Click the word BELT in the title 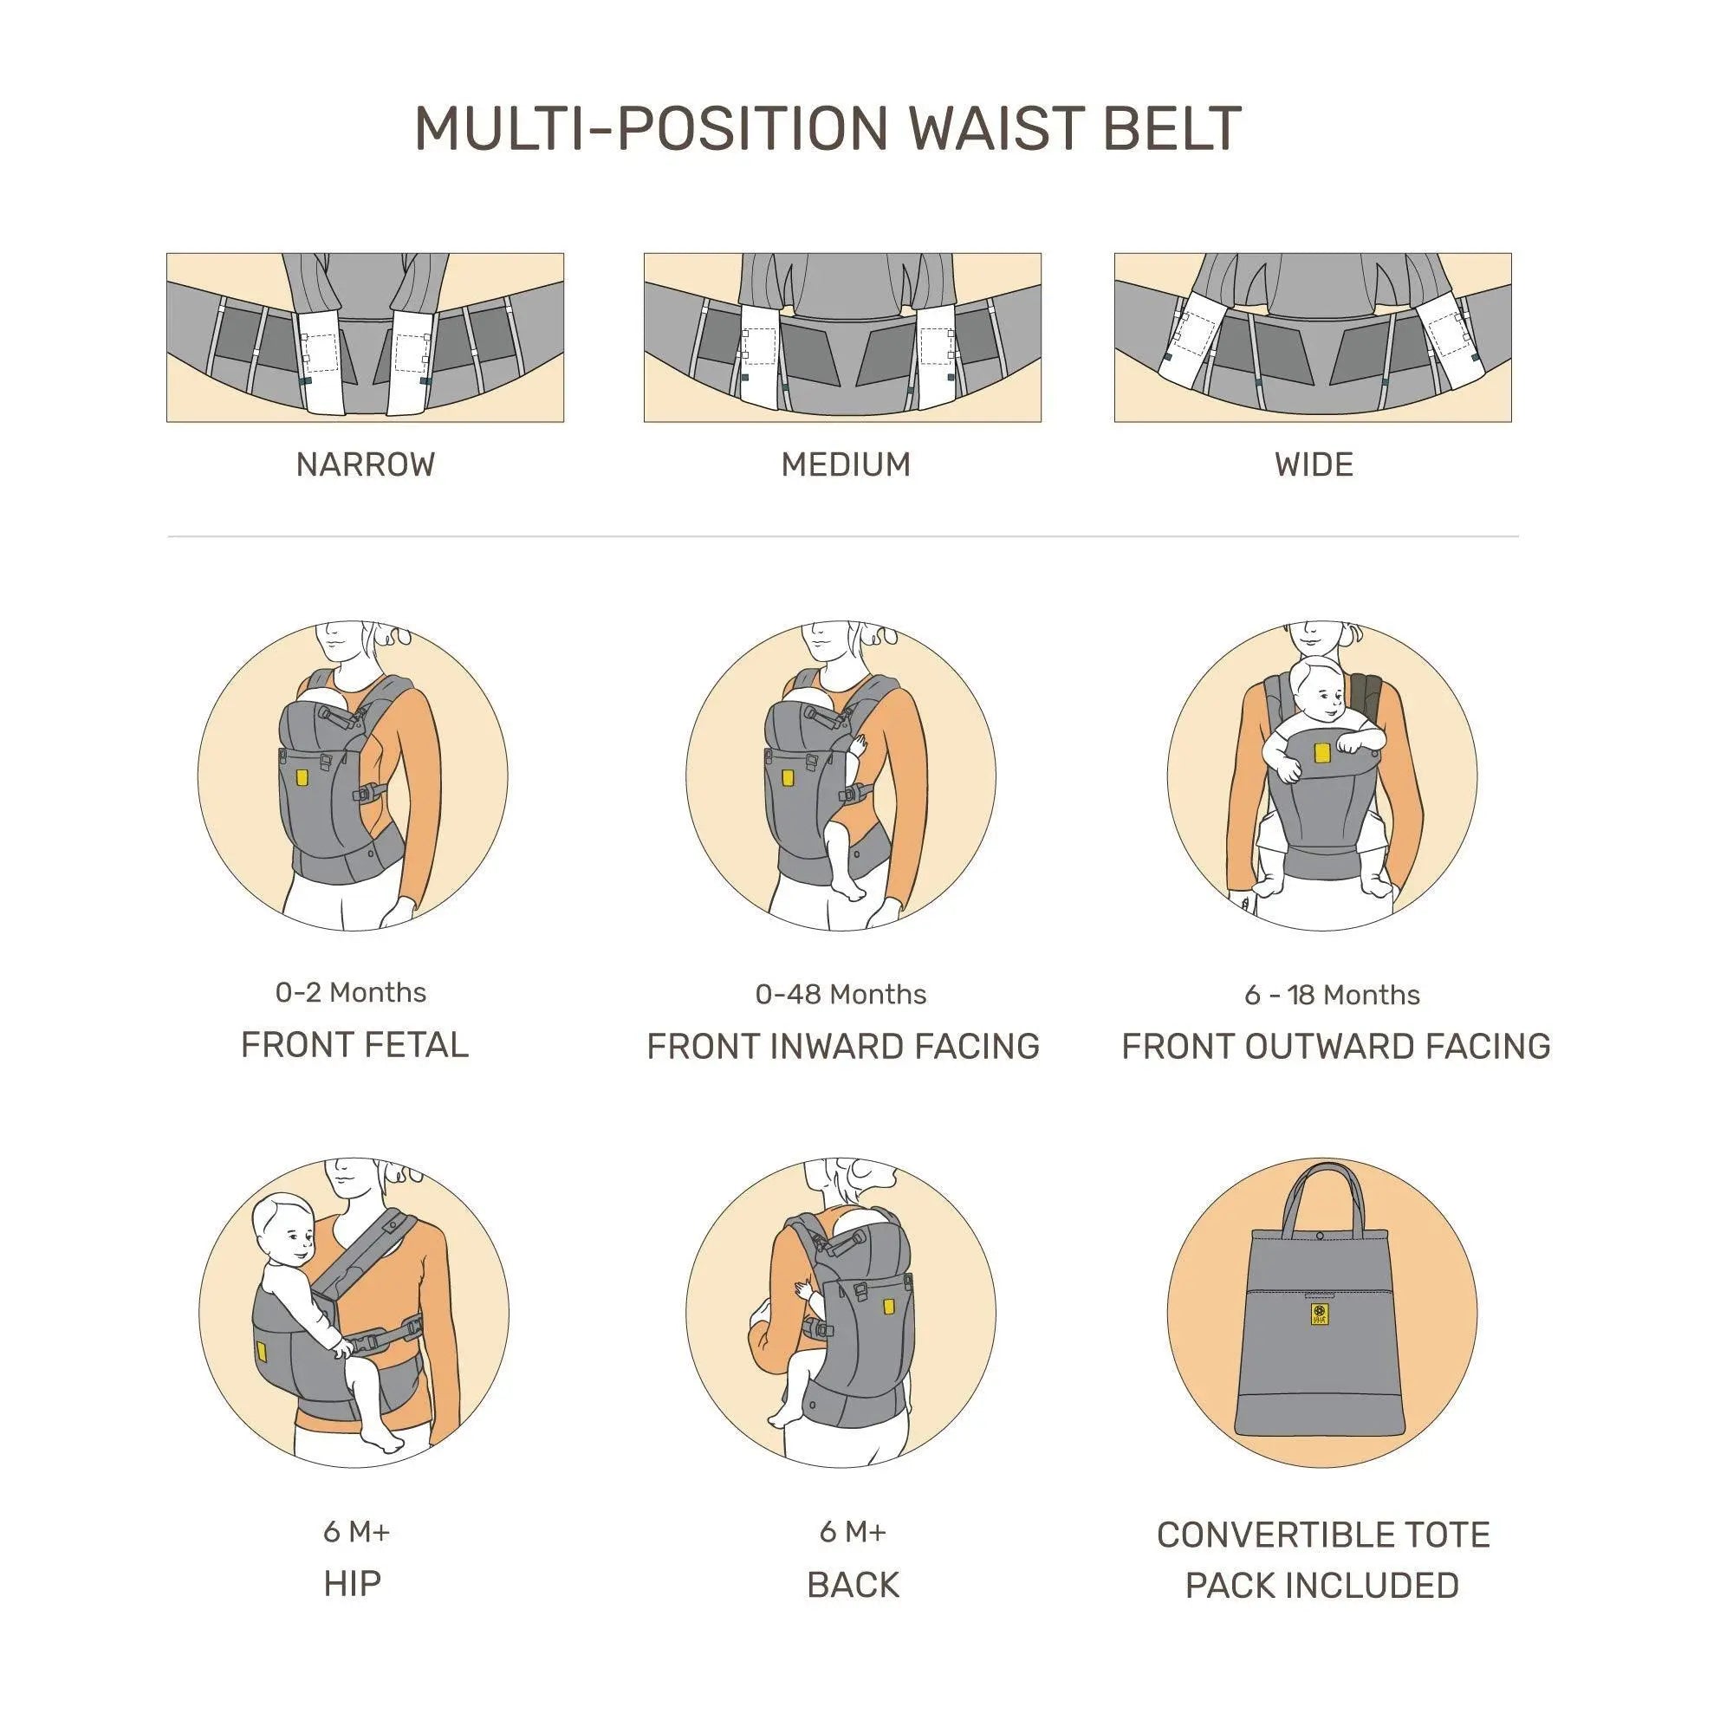[x=1172, y=128]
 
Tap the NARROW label [x=365, y=464]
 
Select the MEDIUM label [x=846, y=464]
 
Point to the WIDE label [x=1314, y=464]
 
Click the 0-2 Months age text [x=351, y=992]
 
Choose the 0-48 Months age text [x=841, y=994]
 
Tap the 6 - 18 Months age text [x=1332, y=995]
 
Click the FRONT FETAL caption [x=354, y=1045]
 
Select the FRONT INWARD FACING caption [x=843, y=1047]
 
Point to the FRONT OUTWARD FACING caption [x=1335, y=1046]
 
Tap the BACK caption [x=853, y=1585]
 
